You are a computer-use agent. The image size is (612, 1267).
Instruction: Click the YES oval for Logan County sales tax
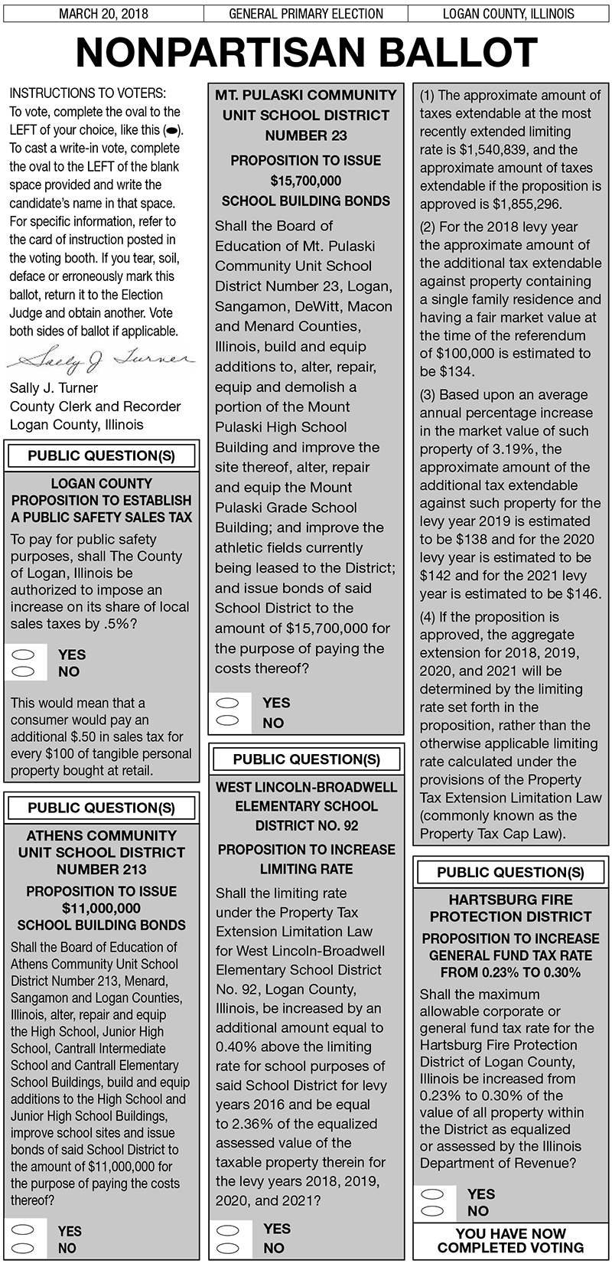pos(24,655)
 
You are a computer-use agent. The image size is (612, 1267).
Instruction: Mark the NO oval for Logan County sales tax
pos(24,671)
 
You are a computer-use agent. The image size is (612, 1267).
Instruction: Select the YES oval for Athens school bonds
pos(24,1230)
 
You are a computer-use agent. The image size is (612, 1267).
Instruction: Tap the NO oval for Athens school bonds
pos(24,1248)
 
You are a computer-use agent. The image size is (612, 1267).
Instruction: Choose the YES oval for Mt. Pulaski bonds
pos(229,703)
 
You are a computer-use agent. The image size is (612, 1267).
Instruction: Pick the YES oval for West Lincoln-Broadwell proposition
pos(229,1229)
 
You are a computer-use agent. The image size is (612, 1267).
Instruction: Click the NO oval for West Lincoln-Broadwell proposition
pos(229,1248)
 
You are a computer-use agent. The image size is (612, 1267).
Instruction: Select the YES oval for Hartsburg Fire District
pos(433,1194)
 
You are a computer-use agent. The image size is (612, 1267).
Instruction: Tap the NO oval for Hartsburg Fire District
pos(433,1211)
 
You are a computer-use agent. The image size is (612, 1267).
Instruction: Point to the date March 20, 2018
pos(103,14)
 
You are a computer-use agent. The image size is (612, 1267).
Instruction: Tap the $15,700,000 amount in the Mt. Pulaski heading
pos(306,181)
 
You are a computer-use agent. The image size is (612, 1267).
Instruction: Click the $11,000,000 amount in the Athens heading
pos(101,908)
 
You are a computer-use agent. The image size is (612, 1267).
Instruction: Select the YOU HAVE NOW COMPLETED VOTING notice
pos(510,1240)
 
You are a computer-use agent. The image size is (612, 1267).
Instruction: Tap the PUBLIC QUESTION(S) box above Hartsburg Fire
pos(510,872)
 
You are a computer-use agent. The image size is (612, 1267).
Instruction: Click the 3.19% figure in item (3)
pos(524,449)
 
